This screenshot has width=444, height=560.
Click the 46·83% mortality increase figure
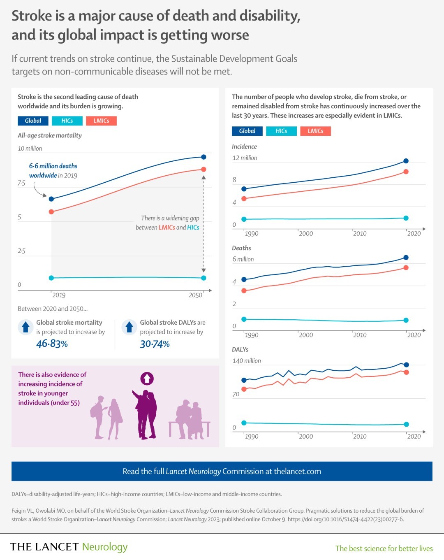tap(52, 344)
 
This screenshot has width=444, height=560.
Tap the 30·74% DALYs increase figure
tap(155, 344)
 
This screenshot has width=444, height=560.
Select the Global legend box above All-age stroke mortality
tap(33, 121)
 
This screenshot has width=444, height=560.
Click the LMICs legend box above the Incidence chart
tap(315, 131)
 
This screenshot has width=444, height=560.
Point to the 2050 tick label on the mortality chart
tap(195, 295)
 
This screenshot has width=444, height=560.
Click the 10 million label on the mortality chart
tap(30, 149)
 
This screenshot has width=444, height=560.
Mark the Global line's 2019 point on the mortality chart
tap(51, 199)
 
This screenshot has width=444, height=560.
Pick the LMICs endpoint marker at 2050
tap(203, 169)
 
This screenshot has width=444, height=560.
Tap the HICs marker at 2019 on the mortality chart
tap(51, 278)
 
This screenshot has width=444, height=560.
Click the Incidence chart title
tap(244, 146)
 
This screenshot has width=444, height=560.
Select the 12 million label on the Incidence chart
tap(245, 158)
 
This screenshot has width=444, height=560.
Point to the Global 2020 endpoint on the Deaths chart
tap(406, 258)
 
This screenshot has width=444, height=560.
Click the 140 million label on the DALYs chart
tap(247, 361)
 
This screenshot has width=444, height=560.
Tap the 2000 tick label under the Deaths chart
tap(305, 335)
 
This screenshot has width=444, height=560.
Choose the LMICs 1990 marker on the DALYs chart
tap(244, 389)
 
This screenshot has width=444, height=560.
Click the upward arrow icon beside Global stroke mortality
tap(25, 327)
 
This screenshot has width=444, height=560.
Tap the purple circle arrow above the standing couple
tap(147, 378)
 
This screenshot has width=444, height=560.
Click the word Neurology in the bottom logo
tap(105, 547)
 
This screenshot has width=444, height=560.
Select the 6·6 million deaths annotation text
tap(53, 171)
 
